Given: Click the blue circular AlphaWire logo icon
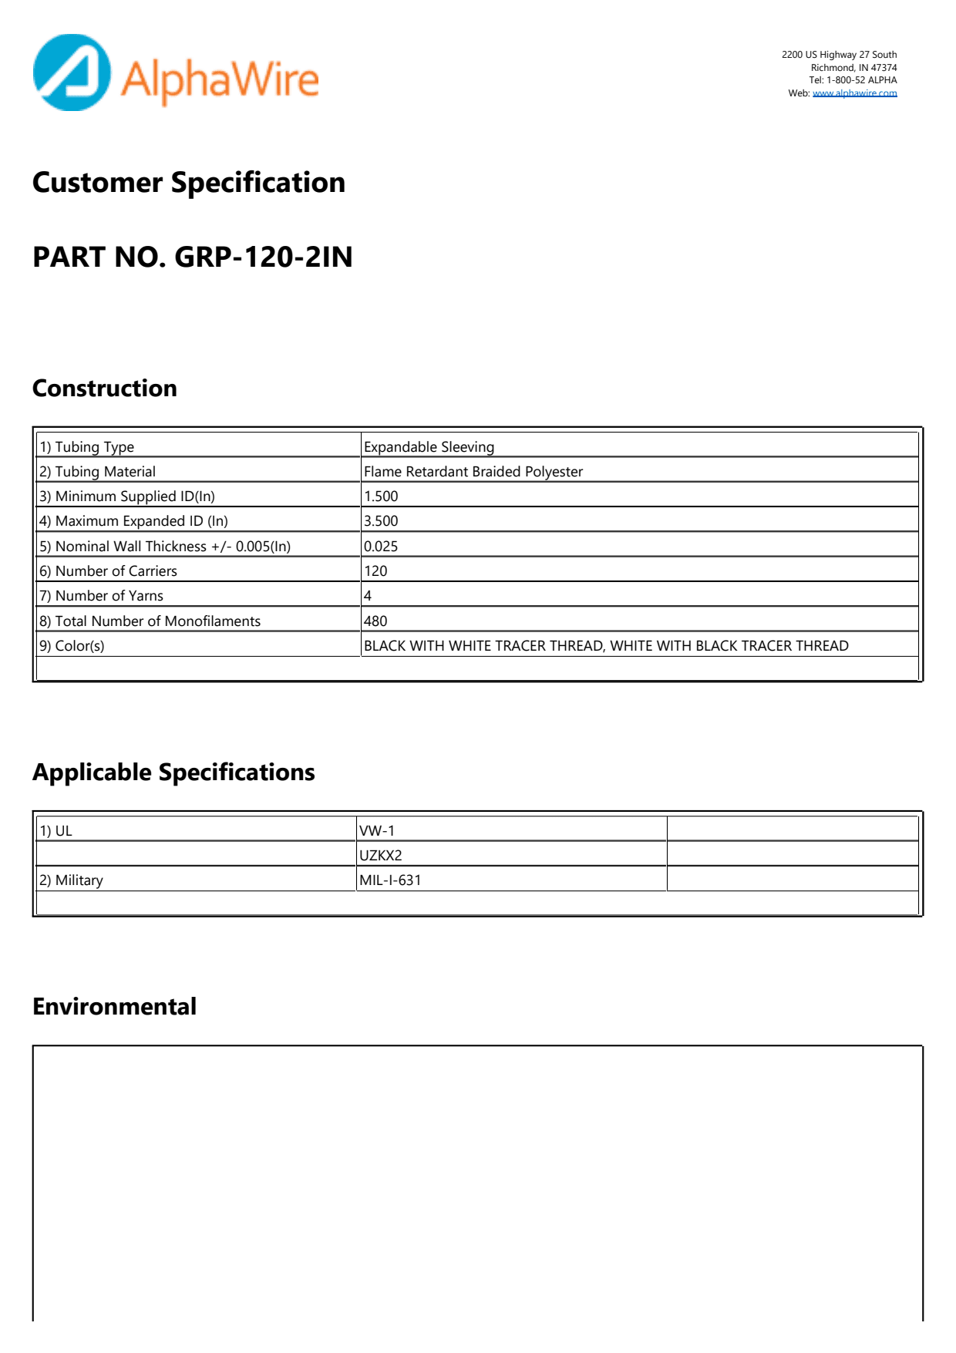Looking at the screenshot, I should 72,72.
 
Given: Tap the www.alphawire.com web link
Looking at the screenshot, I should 854,93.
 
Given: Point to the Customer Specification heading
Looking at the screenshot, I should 189,183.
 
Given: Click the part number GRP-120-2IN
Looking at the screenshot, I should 263,257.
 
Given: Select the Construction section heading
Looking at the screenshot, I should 105,388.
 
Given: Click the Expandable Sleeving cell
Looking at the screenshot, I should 429,447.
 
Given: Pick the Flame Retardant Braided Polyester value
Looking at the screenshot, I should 473,472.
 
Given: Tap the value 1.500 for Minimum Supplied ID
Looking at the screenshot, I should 381,496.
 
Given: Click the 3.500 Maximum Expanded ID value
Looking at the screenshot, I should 381,521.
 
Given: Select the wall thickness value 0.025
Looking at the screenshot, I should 381,547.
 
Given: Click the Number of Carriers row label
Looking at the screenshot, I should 109,571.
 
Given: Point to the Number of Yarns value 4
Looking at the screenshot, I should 368,596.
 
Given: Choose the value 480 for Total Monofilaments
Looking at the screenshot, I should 375,621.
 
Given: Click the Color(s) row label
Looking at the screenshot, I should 72,646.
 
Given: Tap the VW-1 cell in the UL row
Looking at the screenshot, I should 377,831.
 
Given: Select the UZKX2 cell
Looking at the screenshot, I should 381,856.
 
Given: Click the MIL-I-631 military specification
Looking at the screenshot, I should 390,880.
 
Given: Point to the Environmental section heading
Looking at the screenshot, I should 114,1007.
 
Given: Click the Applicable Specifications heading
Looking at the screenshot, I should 173,772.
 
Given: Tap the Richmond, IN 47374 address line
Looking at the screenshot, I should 853,68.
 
